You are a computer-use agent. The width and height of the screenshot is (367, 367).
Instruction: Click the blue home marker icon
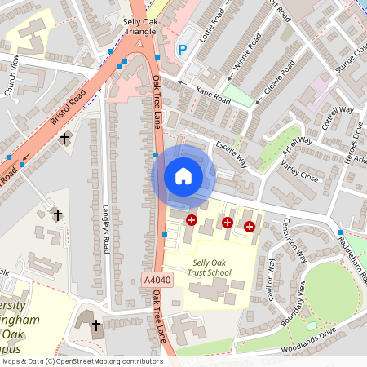[x=183, y=176]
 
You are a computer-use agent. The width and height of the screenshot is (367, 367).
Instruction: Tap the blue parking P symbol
[x=183, y=51]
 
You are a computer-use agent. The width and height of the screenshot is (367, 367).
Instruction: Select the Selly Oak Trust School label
[x=207, y=268]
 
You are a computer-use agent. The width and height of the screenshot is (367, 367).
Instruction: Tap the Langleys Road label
[x=106, y=228]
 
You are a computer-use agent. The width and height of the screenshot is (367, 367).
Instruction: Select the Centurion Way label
[x=294, y=239]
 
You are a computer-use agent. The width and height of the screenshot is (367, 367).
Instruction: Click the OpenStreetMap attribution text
[x=82, y=360]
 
